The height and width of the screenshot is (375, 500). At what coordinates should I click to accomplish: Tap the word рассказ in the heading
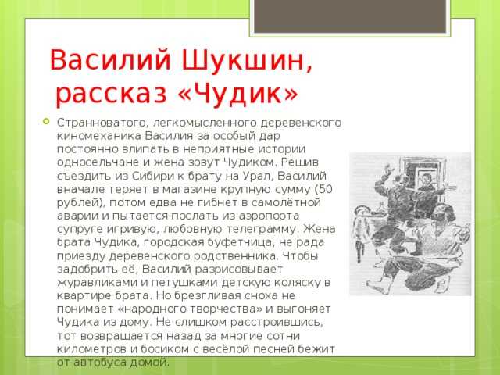112,95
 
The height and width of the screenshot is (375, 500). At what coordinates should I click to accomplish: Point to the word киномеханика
99,136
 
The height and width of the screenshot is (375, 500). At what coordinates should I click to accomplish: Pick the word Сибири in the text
152,176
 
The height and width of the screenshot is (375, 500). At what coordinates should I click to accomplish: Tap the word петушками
184,283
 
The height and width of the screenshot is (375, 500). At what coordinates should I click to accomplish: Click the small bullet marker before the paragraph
47,121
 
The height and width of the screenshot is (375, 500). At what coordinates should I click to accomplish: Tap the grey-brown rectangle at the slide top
350,16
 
